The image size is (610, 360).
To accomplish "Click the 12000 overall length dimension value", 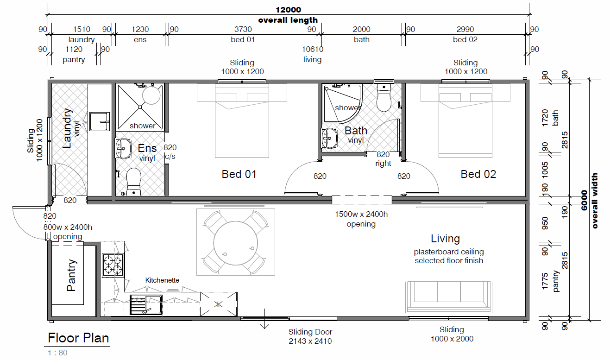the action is coord(288,10).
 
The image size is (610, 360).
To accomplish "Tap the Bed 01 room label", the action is coord(239,174).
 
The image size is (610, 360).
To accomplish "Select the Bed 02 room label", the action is coord(478,174).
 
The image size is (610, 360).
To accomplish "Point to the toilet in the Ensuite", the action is coord(134,182).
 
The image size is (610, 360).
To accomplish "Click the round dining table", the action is coord(236,243).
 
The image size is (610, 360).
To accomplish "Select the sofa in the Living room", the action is coord(448,297).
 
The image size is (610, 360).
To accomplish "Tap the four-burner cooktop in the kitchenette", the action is coord(113,265).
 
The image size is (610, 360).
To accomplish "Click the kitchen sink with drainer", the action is coord(146,305).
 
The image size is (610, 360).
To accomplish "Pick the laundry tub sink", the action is coord(100,121).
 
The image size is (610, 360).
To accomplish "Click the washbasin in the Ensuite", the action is coord(123,148).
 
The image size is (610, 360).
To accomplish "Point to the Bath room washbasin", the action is coord(330,139).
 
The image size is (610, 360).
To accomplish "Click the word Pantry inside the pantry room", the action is coord(71,275).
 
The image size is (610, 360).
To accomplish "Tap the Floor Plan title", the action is coord(78,338).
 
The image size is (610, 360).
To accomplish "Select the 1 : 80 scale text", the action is coord(57,353).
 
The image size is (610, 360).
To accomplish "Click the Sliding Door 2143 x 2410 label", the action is coord(310,336).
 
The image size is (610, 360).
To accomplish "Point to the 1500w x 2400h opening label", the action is coord(361,219).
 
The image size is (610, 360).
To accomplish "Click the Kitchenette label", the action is coord(162,280).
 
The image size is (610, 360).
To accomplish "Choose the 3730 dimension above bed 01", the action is coord(243,29).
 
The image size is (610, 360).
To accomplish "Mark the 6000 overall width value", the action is coord(584,201).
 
